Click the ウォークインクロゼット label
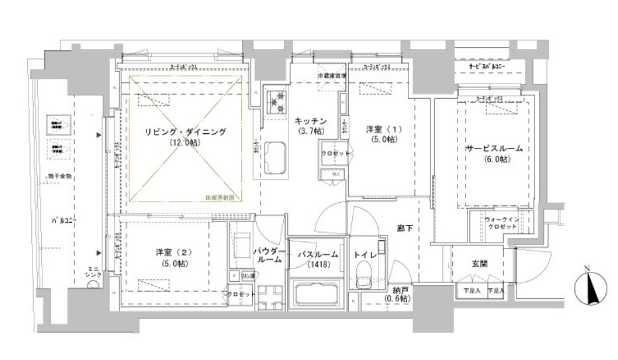click(x=500, y=223)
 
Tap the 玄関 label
click(x=480, y=263)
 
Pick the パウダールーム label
click(x=269, y=256)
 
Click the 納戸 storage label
click(x=398, y=294)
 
